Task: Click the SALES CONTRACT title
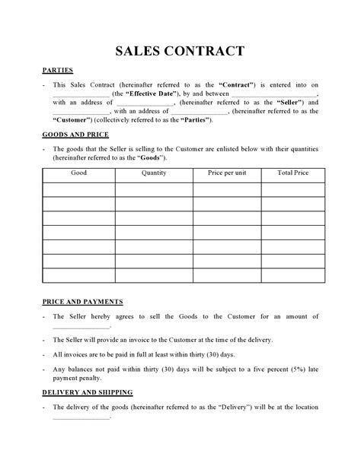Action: (180, 52)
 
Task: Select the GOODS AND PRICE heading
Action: (76, 134)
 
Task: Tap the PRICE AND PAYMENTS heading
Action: (82, 301)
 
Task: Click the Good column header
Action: (78, 173)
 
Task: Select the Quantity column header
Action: (153, 173)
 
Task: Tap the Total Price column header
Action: (292, 173)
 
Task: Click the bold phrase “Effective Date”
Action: (152, 93)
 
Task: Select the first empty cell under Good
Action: (78, 189)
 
